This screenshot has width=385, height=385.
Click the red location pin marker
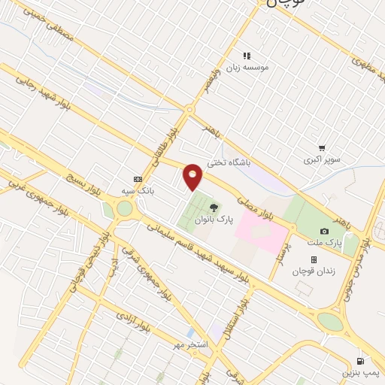click(193, 177)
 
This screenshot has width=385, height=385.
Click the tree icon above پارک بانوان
click(215, 208)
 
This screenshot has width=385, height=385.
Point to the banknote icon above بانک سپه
click(137, 179)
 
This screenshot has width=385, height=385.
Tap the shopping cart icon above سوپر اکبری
click(322, 148)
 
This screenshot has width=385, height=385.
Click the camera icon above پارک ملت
click(324, 232)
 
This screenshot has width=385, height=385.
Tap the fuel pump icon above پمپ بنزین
click(359, 360)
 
